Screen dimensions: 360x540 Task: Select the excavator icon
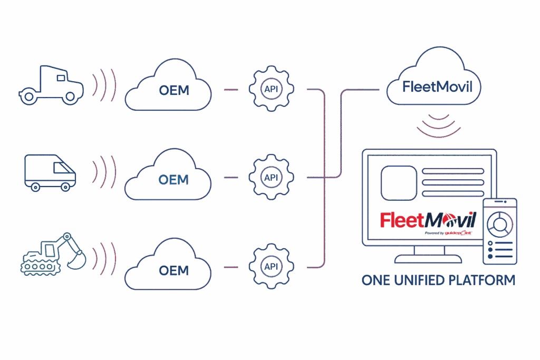coord(50,254)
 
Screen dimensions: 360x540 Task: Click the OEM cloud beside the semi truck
coord(169,90)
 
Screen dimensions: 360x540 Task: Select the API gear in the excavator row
coord(271,266)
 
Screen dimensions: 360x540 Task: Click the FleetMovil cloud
coord(433,84)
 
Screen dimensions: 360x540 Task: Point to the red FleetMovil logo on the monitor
coord(428,219)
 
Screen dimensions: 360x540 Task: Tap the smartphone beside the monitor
coord(500,231)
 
